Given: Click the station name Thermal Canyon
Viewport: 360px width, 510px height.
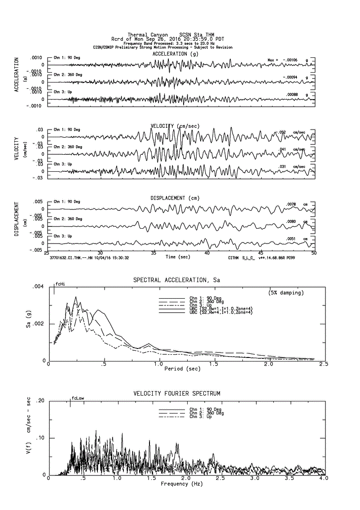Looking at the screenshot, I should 148,35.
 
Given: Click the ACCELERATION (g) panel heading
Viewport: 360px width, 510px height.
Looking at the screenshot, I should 175,54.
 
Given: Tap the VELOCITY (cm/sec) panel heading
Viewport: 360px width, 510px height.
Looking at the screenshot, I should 175,126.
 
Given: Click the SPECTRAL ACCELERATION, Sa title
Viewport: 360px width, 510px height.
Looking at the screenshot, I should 176,280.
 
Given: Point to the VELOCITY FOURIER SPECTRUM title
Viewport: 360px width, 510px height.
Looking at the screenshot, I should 177,393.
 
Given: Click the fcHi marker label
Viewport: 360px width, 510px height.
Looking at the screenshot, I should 61,284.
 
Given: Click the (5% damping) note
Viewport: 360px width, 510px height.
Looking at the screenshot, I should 286,293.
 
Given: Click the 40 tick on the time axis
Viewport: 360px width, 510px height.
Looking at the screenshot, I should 207,253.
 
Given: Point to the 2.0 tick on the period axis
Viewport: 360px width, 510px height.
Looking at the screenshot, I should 268,365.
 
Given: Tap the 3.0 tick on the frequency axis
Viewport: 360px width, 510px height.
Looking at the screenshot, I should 255,479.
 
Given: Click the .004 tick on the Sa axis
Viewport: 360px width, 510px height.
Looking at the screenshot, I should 39,287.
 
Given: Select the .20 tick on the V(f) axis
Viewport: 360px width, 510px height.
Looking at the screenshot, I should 40,401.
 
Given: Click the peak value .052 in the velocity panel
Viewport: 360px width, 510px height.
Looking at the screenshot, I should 282,132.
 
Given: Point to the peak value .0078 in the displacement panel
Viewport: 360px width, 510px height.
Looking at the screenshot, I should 291,204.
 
